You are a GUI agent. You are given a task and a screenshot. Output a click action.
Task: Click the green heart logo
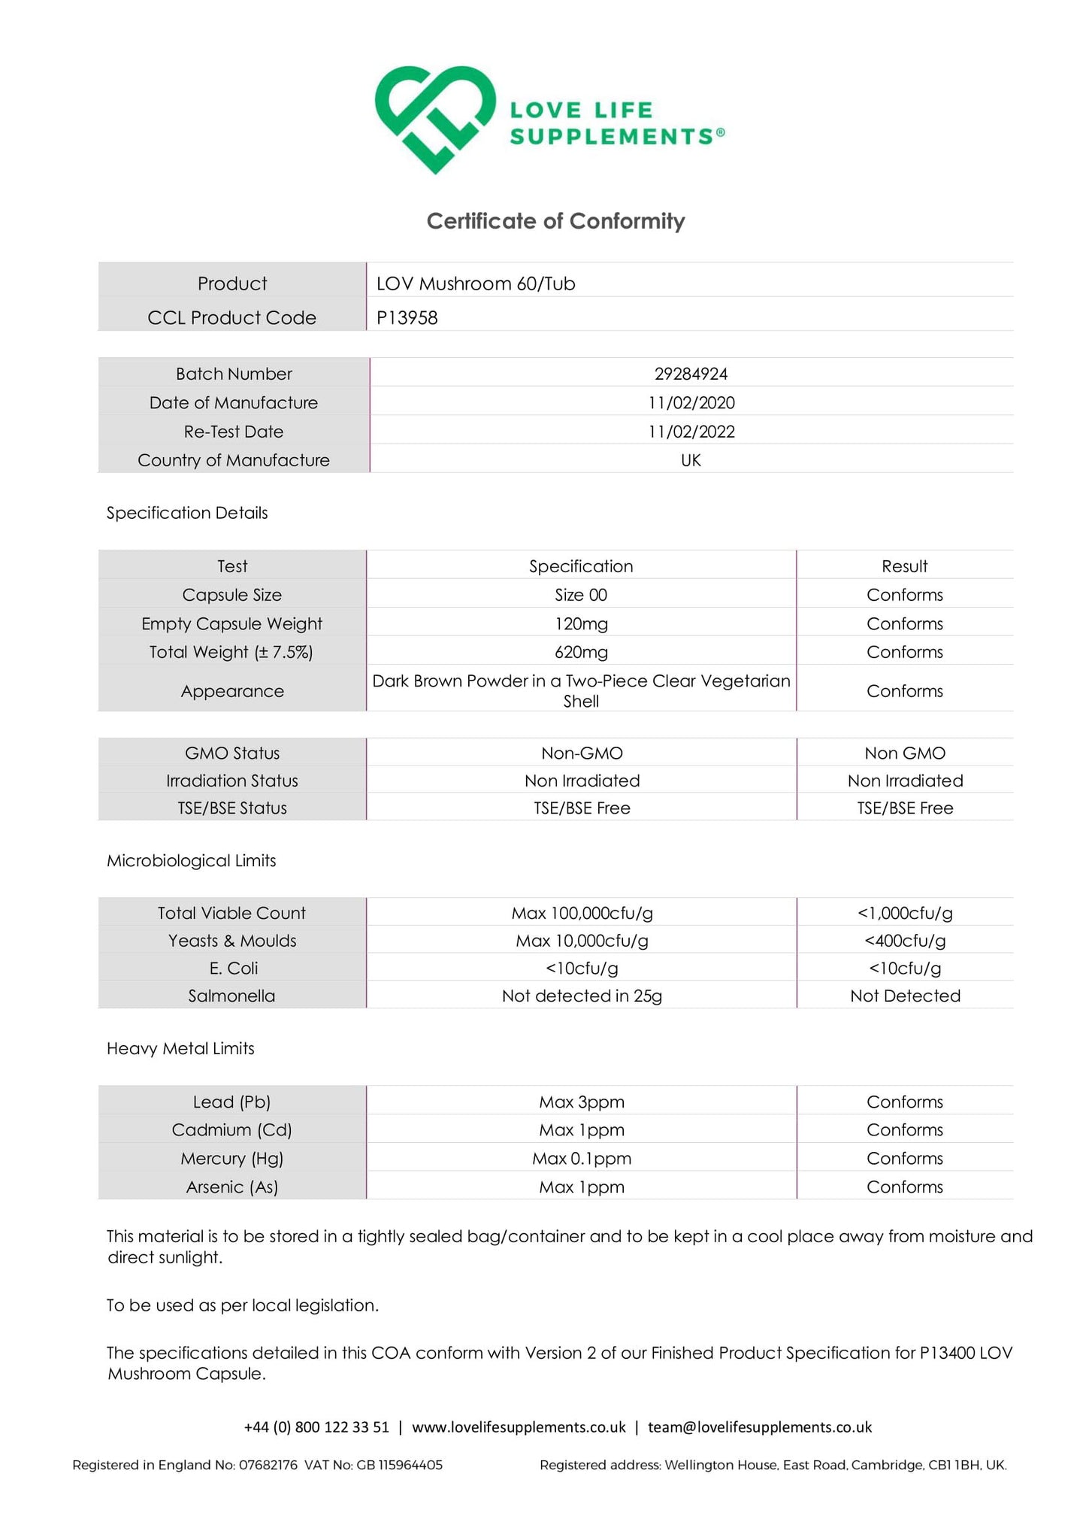pyautogui.click(x=435, y=119)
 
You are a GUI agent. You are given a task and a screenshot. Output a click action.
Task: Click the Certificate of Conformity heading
pyautogui.click(x=555, y=221)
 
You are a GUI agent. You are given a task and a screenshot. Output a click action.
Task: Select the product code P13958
pyautogui.click(x=407, y=317)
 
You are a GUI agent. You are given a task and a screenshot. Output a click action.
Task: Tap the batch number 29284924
pyautogui.click(x=691, y=374)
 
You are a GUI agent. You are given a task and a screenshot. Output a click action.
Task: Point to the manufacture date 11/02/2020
pyautogui.click(x=691, y=402)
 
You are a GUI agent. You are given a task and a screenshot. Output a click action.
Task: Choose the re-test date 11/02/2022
pyautogui.click(x=691, y=432)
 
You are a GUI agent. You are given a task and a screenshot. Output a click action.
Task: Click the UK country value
pyautogui.click(x=691, y=460)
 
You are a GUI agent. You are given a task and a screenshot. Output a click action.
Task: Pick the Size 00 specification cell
pyautogui.click(x=581, y=595)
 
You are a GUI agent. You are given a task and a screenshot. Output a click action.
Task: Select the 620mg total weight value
pyautogui.click(x=581, y=652)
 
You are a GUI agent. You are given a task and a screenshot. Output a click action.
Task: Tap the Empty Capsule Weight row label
pyautogui.click(x=231, y=623)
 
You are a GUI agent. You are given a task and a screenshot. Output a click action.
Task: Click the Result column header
pyautogui.click(x=904, y=566)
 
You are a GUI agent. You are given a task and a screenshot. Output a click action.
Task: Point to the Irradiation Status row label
pyautogui.click(x=231, y=781)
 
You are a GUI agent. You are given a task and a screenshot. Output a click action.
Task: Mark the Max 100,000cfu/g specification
pyautogui.click(x=582, y=913)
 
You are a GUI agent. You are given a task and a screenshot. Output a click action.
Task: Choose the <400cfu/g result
pyautogui.click(x=905, y=941)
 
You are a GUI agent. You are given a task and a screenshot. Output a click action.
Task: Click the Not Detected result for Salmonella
pyautogui.click(x=905, y=996)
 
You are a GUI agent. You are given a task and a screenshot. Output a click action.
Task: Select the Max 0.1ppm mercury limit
pyautogui.click(x=582, y=1159)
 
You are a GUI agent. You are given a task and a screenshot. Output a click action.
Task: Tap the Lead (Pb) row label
pyautogui.click(x=231, y=1102)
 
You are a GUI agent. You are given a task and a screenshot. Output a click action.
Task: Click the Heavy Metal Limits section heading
pyautogui.click(x=180, y=1048)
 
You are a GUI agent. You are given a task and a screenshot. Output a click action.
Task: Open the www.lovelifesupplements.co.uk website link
pyautogui.click(x=519, y=1427)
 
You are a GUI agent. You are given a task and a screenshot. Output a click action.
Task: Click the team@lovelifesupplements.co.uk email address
pyautogui.click(x=760, y=1427)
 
